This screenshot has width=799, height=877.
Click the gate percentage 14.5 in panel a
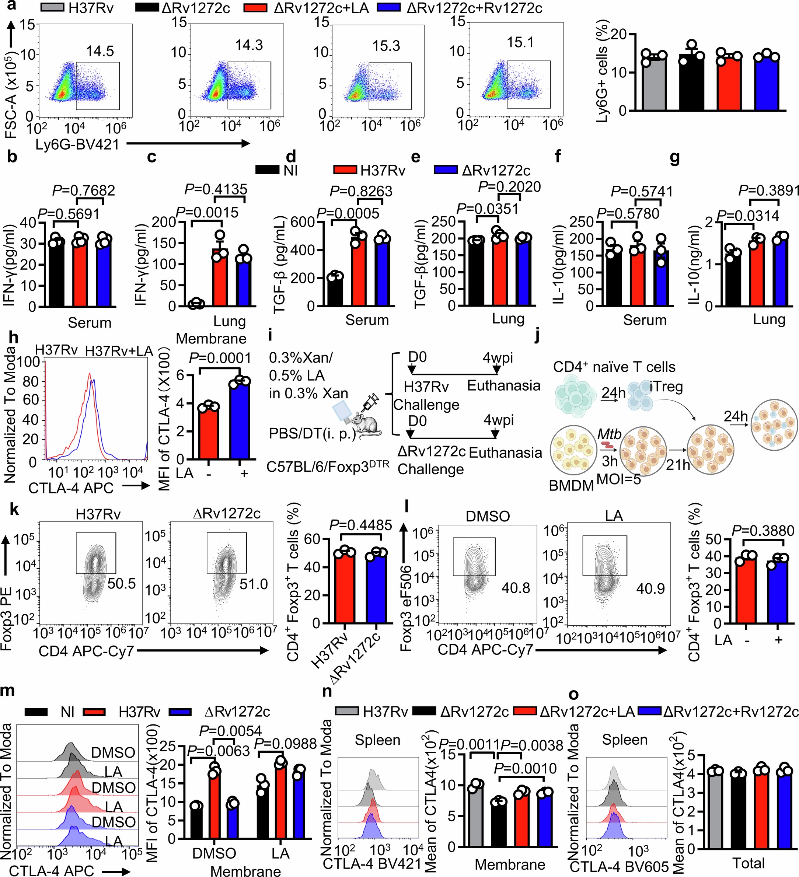pyautogui.click(x=100, y=51)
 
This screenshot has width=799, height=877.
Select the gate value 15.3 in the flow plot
pyautogui.click(x=386, y=46)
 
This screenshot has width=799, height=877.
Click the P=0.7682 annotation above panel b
pyautogui.click(x=84, y=191)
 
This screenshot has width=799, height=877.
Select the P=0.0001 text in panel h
pyautogui.click(x=220, y=358)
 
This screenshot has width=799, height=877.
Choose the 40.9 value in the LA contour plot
pyautogui.click(x=650, y=588)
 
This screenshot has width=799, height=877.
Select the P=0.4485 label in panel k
pyautogui.click(x=361, y=525)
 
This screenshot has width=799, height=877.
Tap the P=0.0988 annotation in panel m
pyautogui.click(x=286, y=744)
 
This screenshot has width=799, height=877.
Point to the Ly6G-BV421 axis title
pyautogui.click(x=77, y=144)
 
